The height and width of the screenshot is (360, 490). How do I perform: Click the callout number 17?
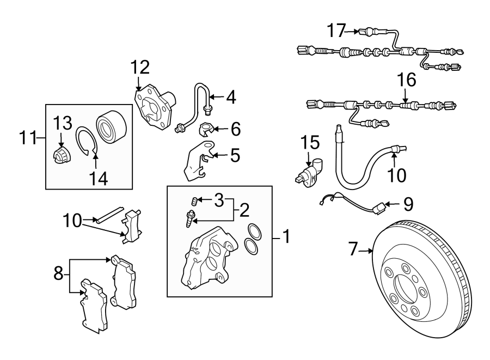click(336, 30)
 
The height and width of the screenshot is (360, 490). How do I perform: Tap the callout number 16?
click(406, 80)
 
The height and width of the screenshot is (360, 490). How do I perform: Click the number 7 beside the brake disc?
click(354, 250)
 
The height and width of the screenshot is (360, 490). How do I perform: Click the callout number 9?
click(408, 204)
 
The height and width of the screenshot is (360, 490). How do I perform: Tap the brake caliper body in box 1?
click(204, 259)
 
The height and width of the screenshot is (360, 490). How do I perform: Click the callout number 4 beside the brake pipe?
click(231, 97)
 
